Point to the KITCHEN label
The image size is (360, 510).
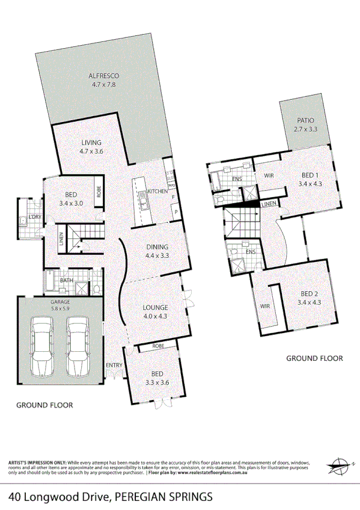coord(157,191)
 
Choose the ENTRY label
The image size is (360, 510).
coord(114,365)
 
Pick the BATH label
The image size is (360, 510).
coord(67,280)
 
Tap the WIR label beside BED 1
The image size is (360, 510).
coord(269,176)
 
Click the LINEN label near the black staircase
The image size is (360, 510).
coord(269,204)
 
